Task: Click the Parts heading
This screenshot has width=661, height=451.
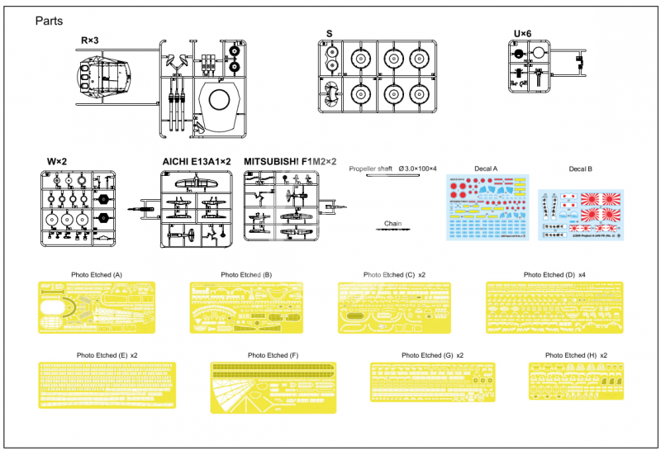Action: pyautogui.click(x=50, y=20)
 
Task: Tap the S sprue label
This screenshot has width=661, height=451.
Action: pyautogui.click(x=329, y=34)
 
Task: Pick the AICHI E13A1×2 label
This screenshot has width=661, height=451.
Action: pyautogui.click(x=196, y=162)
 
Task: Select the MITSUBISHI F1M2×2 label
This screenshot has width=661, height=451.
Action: pyautogui.click(x=290, y=162)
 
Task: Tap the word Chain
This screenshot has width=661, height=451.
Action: pyautogui.click(x=392, y=223)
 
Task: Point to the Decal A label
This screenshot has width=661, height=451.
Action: pyautogui.click(x=486, y=169)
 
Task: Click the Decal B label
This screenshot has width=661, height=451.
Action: pyautogui.click(x=580, y=169)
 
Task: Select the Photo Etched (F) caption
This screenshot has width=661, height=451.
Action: pyautogui.click(x=273, y=355)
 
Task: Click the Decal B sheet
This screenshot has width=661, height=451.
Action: pyautogui.click(x=580, y=214)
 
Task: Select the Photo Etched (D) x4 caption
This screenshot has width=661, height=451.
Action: pyautogui.click(x=554, y=274)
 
